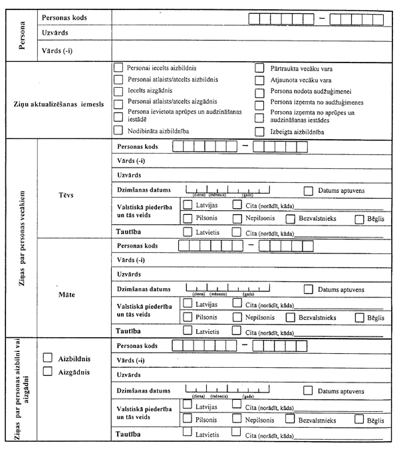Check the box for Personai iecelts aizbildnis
(x=118, y=68)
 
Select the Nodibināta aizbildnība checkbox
(x=118, y=130)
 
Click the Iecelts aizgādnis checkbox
(x=118, y=90)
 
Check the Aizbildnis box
(x=48, y=358)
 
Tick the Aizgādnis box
(x=48, y=372)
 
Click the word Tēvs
(x=70, y=196)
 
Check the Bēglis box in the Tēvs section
(x=360, y=219)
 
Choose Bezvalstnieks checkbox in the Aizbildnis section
(x=290, y=420)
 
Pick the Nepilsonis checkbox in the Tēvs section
(x=237, y=219)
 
